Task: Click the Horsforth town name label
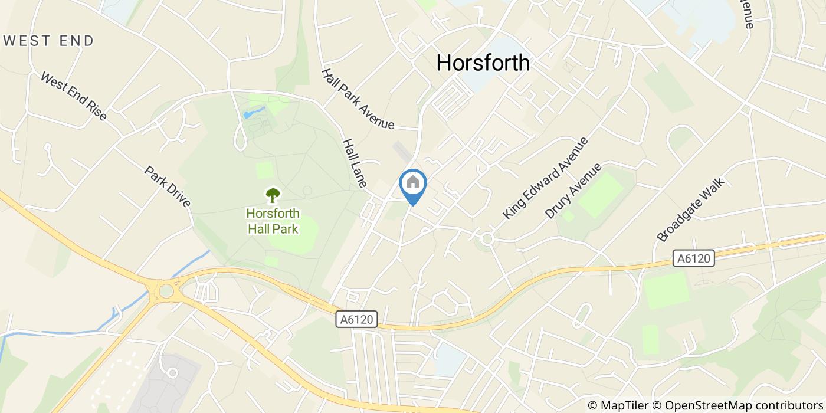tap(483, 63)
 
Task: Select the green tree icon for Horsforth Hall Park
tap(273, 195)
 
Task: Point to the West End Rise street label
tap(74, 97)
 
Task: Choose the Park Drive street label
tap(168, 186)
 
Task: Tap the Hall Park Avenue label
tap(358, 99)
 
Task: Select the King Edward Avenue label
tap(546, 178)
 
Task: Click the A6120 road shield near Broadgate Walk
tap(694, 258)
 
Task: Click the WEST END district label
tap(49, 41)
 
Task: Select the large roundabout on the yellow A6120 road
tap(166, 290)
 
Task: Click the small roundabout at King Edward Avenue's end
tap(487, 239)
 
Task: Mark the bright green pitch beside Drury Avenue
tap(600, 195)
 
